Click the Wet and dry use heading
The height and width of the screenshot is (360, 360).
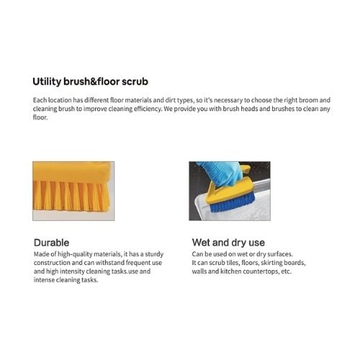click(228, 242)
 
